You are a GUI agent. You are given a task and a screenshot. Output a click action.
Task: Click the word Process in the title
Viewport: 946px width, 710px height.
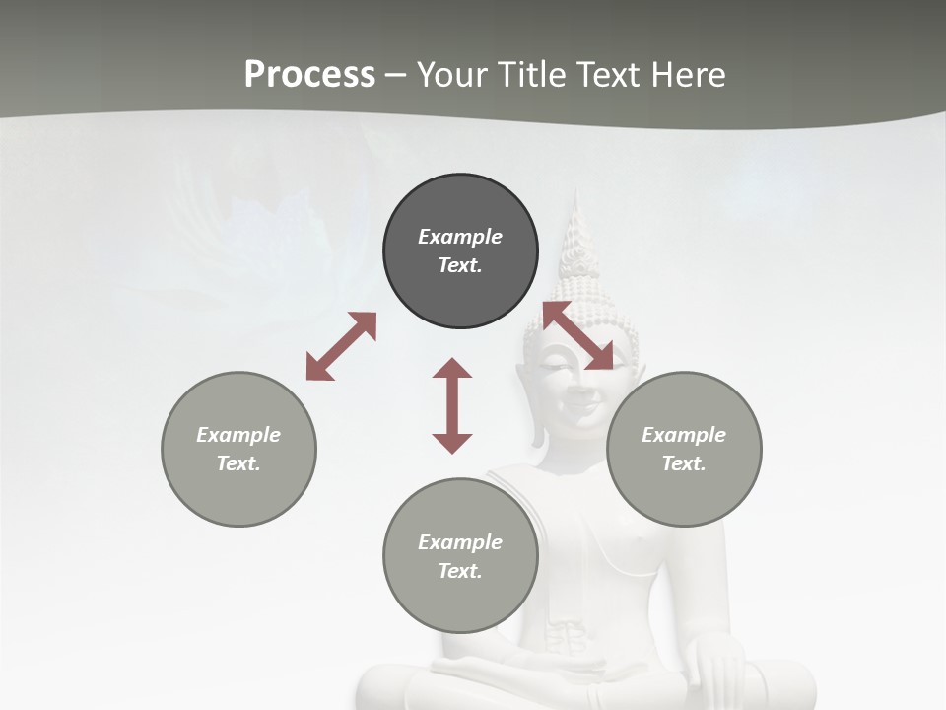(x=309, y=75)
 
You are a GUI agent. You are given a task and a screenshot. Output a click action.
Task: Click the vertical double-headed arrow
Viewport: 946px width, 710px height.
(x=452, y=405)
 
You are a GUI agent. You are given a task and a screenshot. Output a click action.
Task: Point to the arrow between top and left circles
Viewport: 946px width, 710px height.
(x=341, y=346)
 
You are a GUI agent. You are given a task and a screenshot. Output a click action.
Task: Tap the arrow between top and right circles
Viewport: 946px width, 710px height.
(x=578, y=336)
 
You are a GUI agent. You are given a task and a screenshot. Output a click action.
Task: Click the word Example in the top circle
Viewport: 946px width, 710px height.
(x=460, y=237)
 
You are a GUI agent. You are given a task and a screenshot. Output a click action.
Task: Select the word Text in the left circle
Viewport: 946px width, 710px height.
(x=238, y=463)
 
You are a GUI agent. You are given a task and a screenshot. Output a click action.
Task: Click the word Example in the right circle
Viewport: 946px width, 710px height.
(x=684, y=435)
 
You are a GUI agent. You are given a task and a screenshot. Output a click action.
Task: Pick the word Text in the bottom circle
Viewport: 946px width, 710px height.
(x=460, y=571)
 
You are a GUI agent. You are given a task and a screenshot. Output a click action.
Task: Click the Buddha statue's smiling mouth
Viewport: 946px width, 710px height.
(x=580, y=405)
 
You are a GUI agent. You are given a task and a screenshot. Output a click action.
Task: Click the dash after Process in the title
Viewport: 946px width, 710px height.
(x=395, y=75)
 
